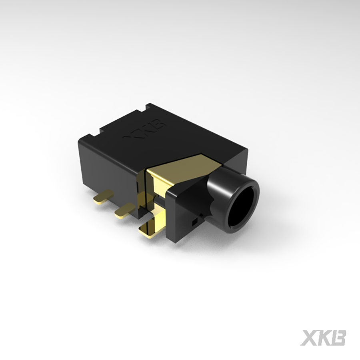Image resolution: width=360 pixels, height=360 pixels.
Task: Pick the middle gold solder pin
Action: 124,210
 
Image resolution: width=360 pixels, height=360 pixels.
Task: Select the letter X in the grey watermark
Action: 309,338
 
